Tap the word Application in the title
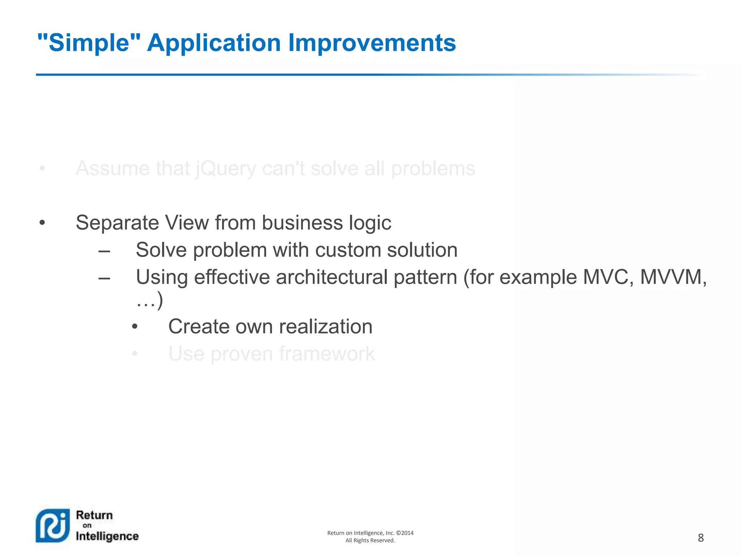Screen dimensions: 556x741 pyautogui.click(x=213, y=43)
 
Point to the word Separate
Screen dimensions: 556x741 pyautogui.click(x=117, y=223)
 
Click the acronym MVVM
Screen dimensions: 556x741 pyautogui.click(x=672, y=277)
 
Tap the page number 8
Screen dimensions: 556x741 pyautogui.click(x=700, y=538)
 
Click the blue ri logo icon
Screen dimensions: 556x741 pyautogui.click(x=53, y=526)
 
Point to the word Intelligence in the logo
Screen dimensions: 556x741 pyautogui.click(x=107, y=536)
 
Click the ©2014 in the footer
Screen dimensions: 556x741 pyautogui.click(x=405, y=533)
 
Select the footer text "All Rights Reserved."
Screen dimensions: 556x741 pyautogui.click(x=370, y=540)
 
